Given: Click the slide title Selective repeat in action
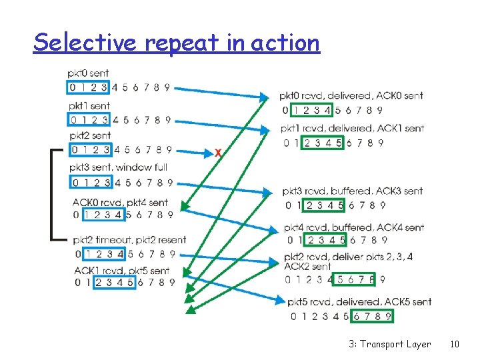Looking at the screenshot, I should (x=177, y=43).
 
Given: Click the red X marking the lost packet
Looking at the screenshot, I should (x=218, y=153).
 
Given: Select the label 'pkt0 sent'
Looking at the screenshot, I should (x=88, y=73).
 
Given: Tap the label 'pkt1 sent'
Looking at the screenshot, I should (x=89, y=106).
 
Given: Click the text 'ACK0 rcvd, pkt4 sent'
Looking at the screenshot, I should (x=120, y=202).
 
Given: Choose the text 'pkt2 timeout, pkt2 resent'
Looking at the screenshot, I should (x=130, y=240).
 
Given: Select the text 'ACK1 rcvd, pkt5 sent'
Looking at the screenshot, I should (x=121, y=271).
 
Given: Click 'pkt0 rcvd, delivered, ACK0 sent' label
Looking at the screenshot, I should (x=351, y=96).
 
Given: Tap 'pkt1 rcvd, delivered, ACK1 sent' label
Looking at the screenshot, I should (x=352, y=128).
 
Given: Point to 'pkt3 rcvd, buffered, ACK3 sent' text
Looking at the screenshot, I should (x=352, y=191).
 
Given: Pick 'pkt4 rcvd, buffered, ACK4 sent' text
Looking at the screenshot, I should (x=354, y=227).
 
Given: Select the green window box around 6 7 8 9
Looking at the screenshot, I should (x=372, y=316).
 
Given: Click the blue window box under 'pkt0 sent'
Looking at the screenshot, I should (x=88, y=87).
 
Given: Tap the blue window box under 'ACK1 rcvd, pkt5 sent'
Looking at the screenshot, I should (x=115, y=282).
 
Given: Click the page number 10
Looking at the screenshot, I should (x=455, y=344).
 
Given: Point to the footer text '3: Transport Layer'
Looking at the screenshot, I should (x=389, y=344).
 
